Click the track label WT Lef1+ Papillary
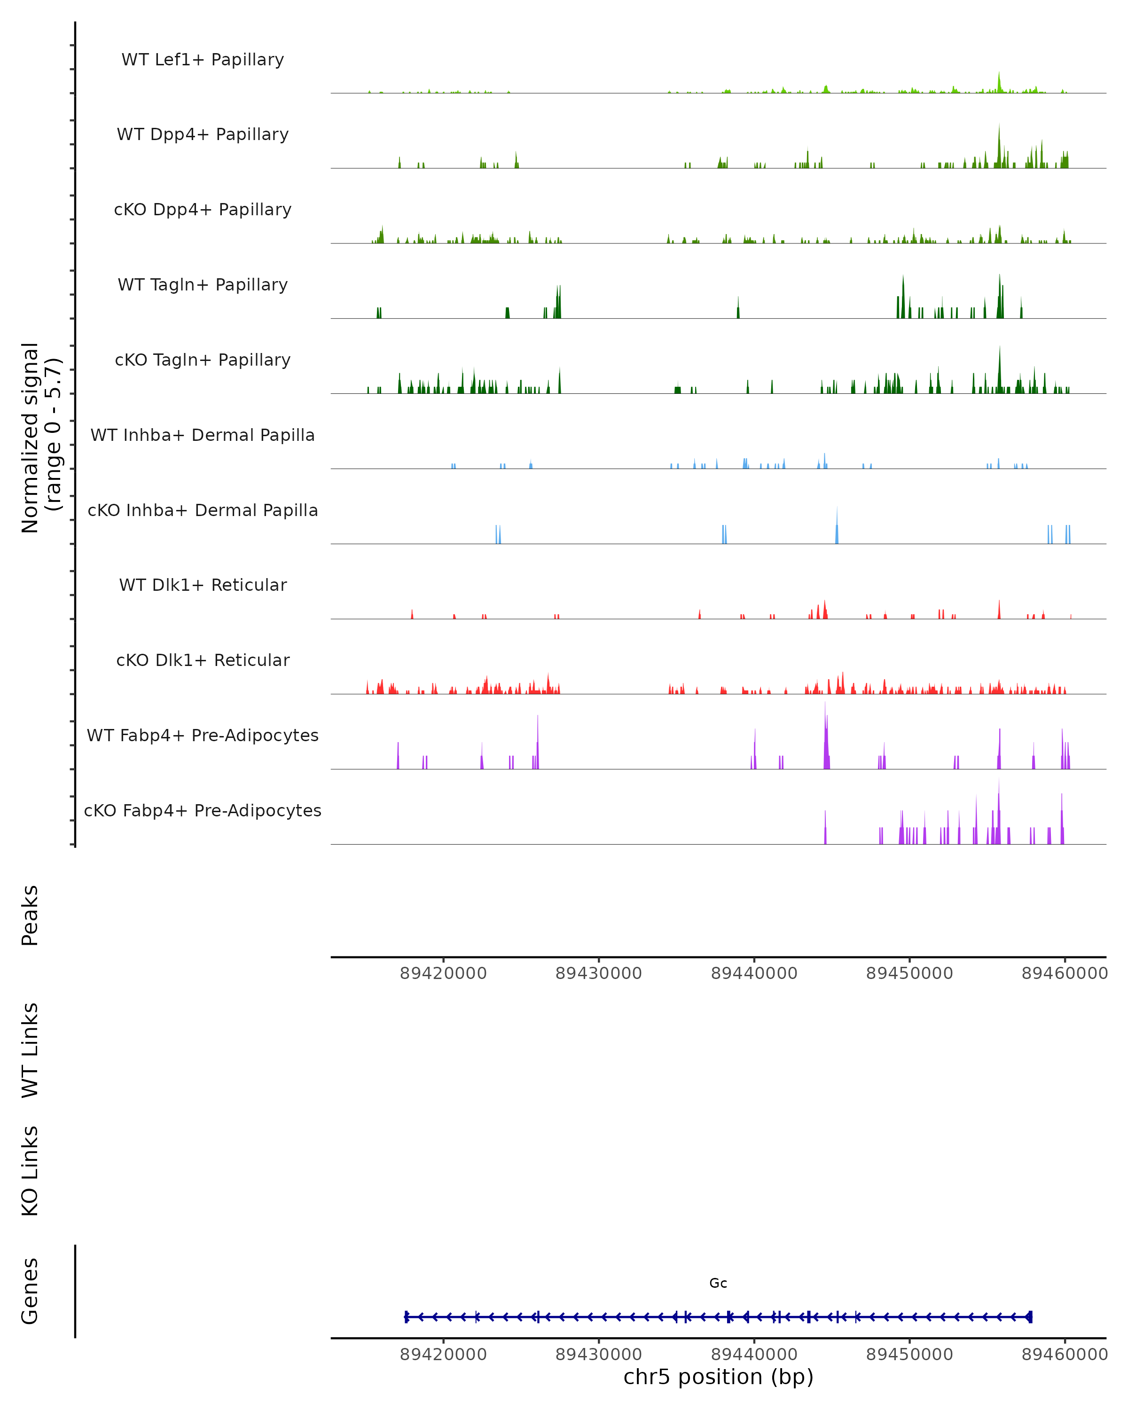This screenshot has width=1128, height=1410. coord(203,60)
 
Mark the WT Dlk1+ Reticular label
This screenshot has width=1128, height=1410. coord(203,585)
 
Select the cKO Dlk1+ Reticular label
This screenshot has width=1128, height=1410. coord(203,660)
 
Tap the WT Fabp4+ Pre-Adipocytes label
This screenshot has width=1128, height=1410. coord(203,735)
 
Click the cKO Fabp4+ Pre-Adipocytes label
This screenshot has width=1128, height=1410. coord(203,810)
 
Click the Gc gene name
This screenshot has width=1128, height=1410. coord(718,1283)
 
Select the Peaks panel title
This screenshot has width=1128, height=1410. coord(30,915)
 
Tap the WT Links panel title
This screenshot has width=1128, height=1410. coord(30,1050)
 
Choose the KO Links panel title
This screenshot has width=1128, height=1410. coord(30,1171)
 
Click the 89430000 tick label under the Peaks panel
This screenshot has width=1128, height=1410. coord(598,973)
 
